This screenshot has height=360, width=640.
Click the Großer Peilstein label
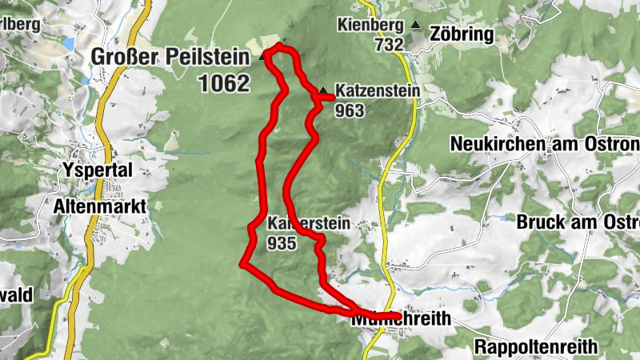[x=170, y=57]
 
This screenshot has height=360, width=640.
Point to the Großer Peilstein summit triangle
[x=262, y=58]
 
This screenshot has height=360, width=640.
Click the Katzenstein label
[x=377, y=92]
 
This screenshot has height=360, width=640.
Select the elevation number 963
[x=350, y=110]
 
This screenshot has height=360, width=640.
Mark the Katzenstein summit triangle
[x=322, y=90]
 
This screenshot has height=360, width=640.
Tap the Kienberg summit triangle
[x=414, y=26]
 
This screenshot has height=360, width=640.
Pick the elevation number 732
[x=388, y=45]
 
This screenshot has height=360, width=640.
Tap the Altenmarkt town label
[x=99, y=206]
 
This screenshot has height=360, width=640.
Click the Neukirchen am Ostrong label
[x=545, y=144]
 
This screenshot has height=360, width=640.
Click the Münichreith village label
[x=401, y=319]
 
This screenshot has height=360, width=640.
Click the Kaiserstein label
[x=309, y=224]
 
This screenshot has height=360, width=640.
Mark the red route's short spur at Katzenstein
[x=326, y=98]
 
